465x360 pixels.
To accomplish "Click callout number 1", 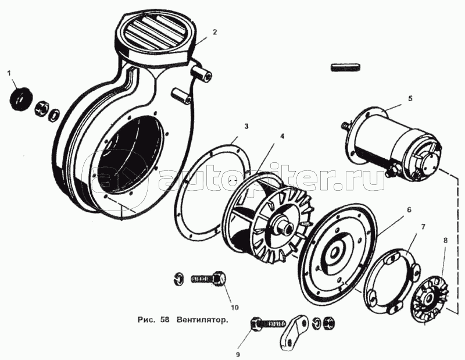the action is pyautogui.click(x=9, y=73).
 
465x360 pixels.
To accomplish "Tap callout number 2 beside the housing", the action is pyautogui.click(x=214, y=32).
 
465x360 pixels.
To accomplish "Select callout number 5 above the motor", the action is pyautogui.click(x=410, y=98).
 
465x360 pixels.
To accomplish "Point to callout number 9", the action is pyautogui.click(x=238, y=354).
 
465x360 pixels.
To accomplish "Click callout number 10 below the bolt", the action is pyautogui.click(x=235, y=307).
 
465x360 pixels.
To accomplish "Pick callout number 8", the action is pyautogui.click(x=445, y=240).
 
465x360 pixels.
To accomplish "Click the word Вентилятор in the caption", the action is pyautogui.click(x=203, y=320).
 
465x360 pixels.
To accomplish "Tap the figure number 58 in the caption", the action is pyautogui.click(x=165, y=320).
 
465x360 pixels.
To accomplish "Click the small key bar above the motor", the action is pyautogui.click(x=346, y=67).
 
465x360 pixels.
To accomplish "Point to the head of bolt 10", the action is pyautogui.click(x=220, y=278).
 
